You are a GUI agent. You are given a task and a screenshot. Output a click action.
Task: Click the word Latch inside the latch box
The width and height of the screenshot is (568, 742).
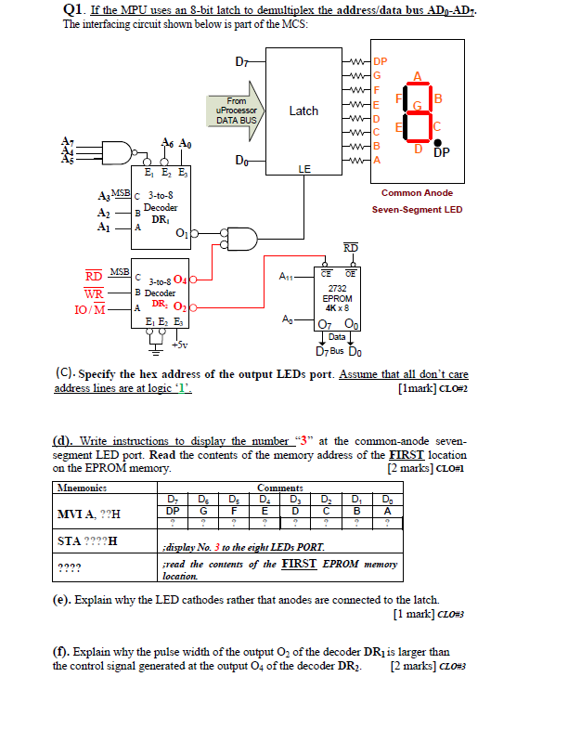coord(303,111)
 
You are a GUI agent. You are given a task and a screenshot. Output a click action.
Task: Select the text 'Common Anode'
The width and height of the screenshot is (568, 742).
coord(418,193)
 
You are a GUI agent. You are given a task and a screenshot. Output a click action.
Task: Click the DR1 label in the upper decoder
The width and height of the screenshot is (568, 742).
coord(159,218)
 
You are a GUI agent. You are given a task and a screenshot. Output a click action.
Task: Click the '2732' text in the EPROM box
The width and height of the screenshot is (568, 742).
coord(337,289)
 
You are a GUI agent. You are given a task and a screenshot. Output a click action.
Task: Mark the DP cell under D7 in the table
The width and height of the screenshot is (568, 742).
coord(173,510)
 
